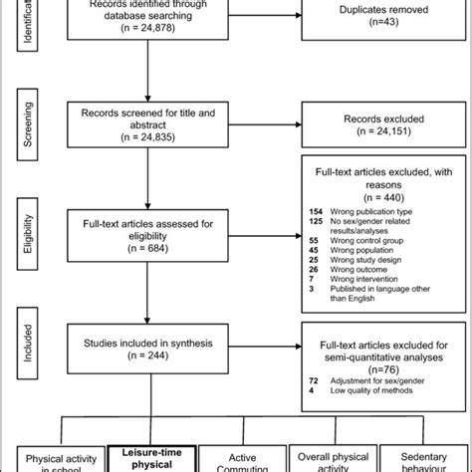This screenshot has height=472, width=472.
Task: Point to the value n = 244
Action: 147,355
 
